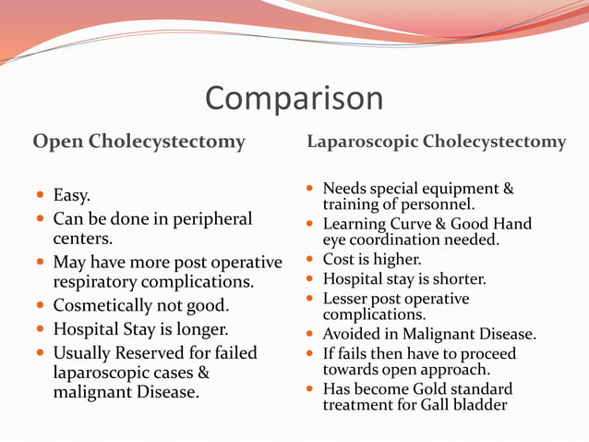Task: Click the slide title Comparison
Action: pos(294,98)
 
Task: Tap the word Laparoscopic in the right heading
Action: pos(361,141)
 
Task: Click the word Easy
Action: pos(72,195)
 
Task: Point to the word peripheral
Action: pos(209,219)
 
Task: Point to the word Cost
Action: pos(339,260)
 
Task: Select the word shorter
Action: pos(453,278)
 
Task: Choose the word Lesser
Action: pos(346,299)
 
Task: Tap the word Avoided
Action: pos(352,335)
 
